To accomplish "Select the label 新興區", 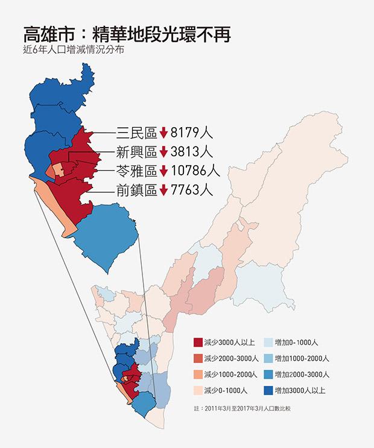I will (136, 151).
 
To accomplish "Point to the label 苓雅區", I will (136, 171).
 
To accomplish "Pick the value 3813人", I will (191, 151).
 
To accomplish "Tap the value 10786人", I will (195, 171).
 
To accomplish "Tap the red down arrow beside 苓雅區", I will (163, 171).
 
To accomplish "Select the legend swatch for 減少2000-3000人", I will (197, 359).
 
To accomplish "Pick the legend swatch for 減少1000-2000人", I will (197, 374).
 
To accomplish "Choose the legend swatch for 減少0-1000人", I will (197, 390).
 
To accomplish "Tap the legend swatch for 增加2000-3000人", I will (267, 374).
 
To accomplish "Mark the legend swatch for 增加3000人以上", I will (267, 390).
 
